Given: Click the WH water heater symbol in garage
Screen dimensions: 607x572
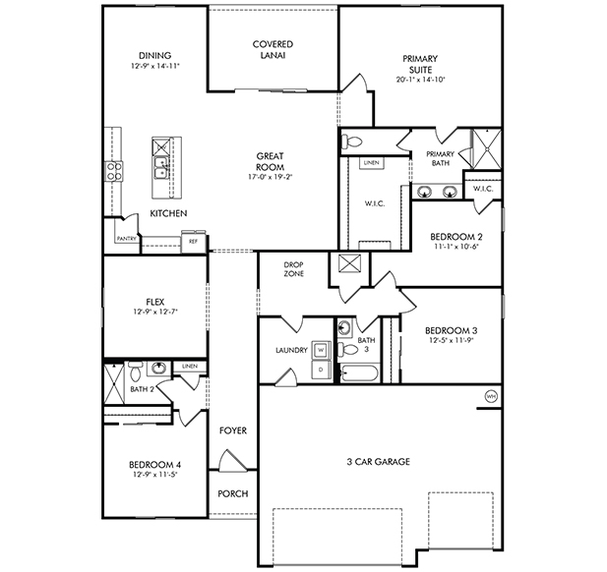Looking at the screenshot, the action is click(x=491, y=396).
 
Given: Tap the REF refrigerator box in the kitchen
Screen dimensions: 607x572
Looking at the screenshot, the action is click(x=193, y=242).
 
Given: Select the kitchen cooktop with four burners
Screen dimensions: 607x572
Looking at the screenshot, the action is click(x=114, y=171).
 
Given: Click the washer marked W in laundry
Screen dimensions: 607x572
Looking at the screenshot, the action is click(x=322, y=351).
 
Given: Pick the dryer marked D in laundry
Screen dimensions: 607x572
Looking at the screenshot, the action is click(x=322, y=370).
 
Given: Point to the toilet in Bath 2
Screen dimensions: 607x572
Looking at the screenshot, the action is click(x=136, y=372).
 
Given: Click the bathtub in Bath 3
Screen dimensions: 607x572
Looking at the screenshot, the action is click(x=359, y=373).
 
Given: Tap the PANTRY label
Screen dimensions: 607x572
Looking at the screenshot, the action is click(x=127, y=239).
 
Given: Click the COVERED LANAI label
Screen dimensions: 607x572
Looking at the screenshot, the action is click(x=273, y=49).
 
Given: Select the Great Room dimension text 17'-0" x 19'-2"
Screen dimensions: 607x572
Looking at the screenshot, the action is click(x=270, y=177).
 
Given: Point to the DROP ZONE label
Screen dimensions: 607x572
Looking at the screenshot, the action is click(x=294, y=269).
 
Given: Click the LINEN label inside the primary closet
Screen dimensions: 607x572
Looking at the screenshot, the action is click(x=372, y=163).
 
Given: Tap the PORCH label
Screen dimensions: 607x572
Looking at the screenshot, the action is click(x=232, y=494).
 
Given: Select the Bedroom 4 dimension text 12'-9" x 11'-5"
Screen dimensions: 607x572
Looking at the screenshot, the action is click(x=154, y=474).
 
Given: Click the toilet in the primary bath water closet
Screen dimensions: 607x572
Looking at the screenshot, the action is click(x=351, y=142).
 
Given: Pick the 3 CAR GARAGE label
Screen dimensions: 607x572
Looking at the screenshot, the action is click(x=378, y=461).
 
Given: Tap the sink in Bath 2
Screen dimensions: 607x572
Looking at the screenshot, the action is click(x=158, y=368).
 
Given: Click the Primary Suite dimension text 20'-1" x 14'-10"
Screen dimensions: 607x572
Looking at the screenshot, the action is click(x=420, y=80).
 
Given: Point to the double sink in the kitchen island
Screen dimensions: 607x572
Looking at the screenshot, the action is click(x=161, y=167).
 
